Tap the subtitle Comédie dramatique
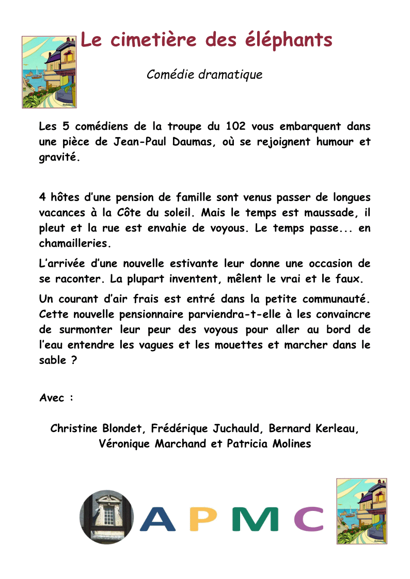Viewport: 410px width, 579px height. (x=204, y=74)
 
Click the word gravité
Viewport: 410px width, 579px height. (x=59, y=158)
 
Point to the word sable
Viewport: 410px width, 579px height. (x=52, y=360)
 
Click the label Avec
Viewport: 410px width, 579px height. (x=53, y=398)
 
